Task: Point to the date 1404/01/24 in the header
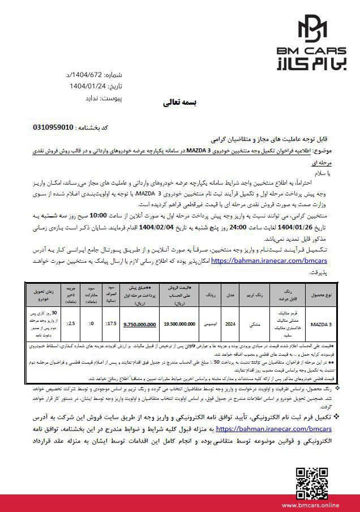[88, 86]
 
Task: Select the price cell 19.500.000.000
[180, 324]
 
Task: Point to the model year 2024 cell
[230, 324]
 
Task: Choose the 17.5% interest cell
[112, 324]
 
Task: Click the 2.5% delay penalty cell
[71, 324]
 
